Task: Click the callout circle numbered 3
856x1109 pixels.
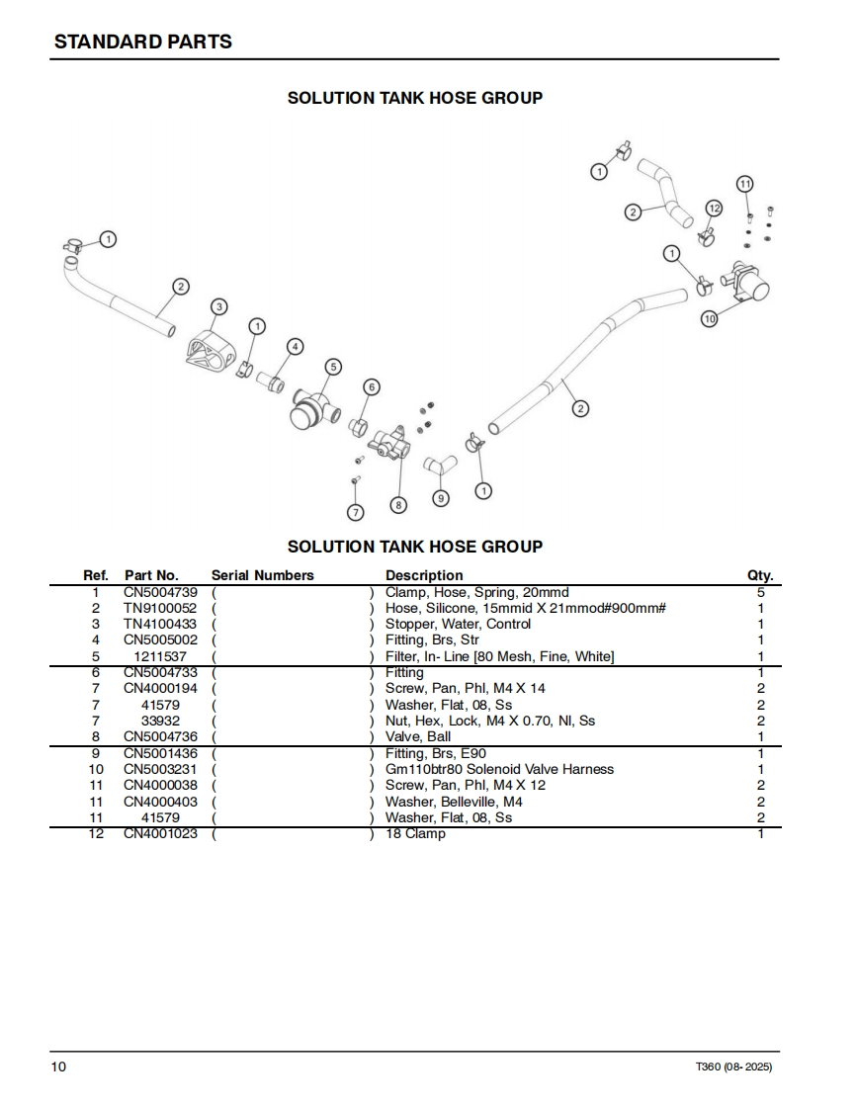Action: tap(218, 306)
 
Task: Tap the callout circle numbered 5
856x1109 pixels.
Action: tap(333, 367)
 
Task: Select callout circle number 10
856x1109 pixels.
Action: tap(708, 318)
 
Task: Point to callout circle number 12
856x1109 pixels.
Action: tap(714, 208)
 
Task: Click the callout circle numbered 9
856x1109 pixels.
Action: tap(441, 499)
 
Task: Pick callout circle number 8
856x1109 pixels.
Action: tap(398, 504)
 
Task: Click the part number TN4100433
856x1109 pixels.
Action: tap(160, 625)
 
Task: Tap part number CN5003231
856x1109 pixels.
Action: tap(160, 769)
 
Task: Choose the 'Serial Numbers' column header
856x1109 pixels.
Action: tap(262, 575)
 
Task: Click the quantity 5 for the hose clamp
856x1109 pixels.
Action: tap(760, 593)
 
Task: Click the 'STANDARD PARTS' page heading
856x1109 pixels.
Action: tap(143, 42)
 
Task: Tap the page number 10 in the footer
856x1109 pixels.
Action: tap(60, 1066)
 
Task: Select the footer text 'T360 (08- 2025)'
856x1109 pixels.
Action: tap(734, 1067)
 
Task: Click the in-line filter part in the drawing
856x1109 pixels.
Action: tap(311, 405)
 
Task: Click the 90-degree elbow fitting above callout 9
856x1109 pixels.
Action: tap(438, 465)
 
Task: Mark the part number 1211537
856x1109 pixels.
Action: tap(160, 656)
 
